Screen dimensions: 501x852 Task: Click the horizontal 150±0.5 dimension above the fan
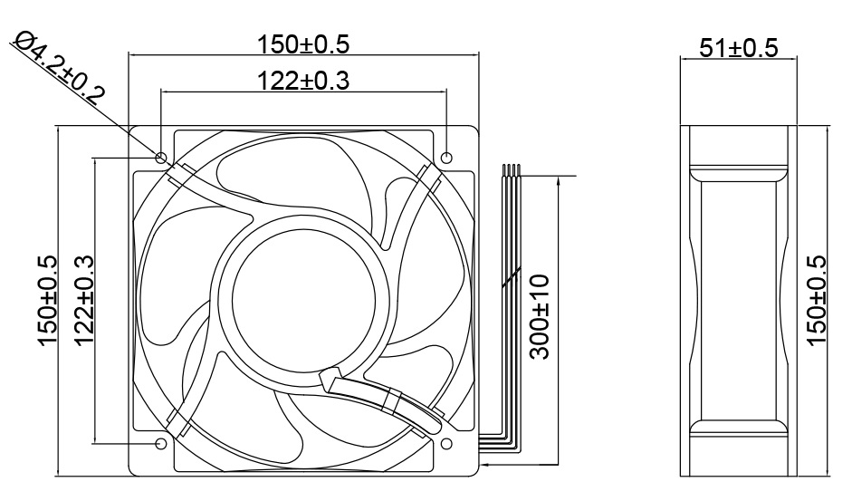point(303,43)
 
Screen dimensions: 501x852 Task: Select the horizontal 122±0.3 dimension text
point(302,81)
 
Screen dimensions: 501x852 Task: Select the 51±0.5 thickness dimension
point(738,47)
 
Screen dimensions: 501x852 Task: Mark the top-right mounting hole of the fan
point(446,158)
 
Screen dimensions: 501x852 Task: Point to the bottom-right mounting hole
point(446,444)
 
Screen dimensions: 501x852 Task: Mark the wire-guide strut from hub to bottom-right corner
point(389,399)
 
